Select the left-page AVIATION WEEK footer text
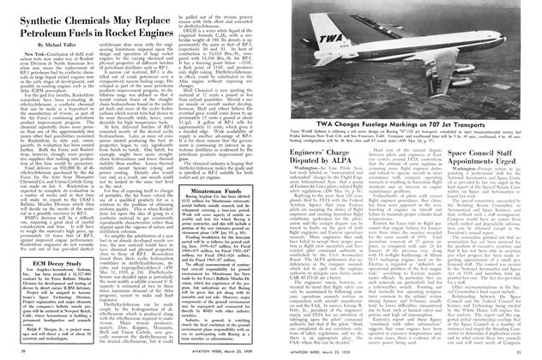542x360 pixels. coord(182,352)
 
